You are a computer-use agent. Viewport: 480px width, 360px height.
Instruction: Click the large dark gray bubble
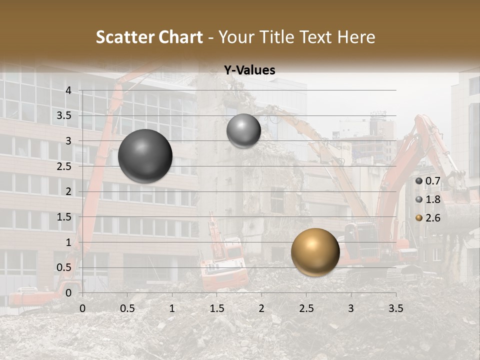click(145, 156)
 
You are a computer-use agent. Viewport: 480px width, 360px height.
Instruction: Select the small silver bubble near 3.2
click(243, 130)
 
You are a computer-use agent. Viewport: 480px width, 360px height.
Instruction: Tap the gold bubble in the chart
click(315, 252)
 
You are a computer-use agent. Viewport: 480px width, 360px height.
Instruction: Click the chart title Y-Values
click(249, 70)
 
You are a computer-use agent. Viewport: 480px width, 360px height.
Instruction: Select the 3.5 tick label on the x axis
click(395, 308)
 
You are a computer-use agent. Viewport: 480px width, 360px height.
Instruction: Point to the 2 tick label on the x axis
click(261, 308)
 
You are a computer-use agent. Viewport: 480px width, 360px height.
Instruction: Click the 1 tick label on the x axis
click(172, 308)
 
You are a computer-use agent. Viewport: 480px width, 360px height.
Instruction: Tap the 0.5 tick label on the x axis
click(127, 308)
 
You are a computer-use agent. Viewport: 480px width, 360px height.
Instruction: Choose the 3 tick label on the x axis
click(351, 308)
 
